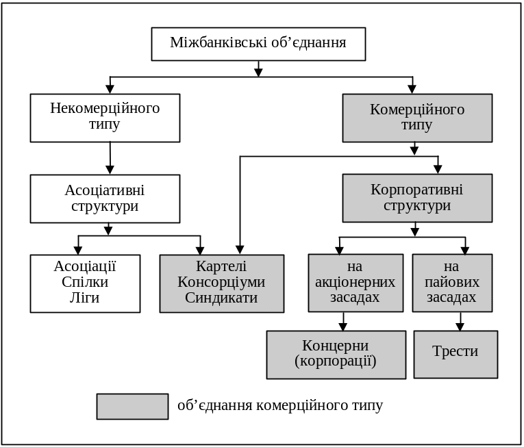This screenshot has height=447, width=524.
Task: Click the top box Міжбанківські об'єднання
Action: coord(258,44)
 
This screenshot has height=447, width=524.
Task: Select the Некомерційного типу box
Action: coord(105,117)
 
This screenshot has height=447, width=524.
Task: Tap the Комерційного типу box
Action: coord(417,118)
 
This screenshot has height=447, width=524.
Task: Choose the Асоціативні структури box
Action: coord(105,198)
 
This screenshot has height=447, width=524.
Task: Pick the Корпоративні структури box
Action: coord(417,198)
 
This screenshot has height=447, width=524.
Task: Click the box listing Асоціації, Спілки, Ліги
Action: coord(85,283)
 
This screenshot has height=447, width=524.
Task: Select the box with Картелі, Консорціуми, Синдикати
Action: coord(221,283)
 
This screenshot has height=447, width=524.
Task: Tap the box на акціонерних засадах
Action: coord(355,283)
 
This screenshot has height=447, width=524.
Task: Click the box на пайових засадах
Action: coord(452,283)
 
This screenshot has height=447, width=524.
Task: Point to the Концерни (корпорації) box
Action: coord(336,354)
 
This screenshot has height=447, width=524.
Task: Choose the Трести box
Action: coord(456,354)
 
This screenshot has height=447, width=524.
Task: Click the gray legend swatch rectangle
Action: coord(132,406)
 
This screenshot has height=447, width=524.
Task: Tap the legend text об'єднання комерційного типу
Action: coord(280,406)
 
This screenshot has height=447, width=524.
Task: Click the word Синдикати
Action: coord(221,298)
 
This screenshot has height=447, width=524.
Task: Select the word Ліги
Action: coord(85,298)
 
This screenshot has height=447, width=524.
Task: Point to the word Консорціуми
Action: coord(221,282)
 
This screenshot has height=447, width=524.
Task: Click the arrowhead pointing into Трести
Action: coord(460,327)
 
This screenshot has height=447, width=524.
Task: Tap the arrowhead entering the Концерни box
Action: coord(343,327)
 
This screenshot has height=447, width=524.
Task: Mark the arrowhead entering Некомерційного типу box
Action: coord(110,89)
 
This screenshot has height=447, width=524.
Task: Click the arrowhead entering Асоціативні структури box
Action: coord(110,169)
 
